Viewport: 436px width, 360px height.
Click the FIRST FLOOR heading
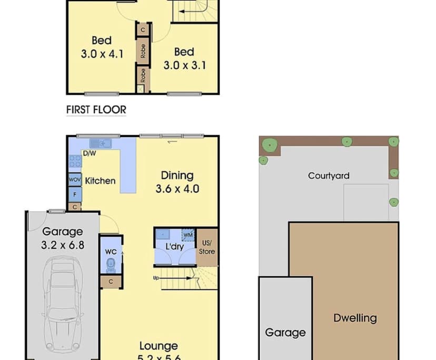click(x=96, y=109)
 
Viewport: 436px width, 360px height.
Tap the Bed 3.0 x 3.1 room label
click(x=184, y=58)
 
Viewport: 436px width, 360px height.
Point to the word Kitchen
click(x=100, y=181)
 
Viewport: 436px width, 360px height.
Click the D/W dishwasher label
click(x=89, y=154)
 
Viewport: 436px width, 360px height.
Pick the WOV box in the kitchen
click(x=74, y=180)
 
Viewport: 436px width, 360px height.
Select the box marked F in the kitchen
click(x=75, y=194)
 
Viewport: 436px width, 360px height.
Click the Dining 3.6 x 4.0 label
click(x=177, y=182)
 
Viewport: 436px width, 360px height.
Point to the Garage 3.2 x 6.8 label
click(x=63, y=237)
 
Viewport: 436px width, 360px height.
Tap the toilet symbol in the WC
click(x=110, y=266)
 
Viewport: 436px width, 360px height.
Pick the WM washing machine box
click(x=188, y=234)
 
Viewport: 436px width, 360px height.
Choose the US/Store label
click(x=207, y=247)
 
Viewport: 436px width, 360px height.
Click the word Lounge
click(x=158, y=346)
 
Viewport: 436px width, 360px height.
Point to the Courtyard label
click(x=329, y=176)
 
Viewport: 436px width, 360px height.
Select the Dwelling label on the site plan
click(x=355, y=318)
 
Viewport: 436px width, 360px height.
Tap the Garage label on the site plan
click(x=285, y=332)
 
